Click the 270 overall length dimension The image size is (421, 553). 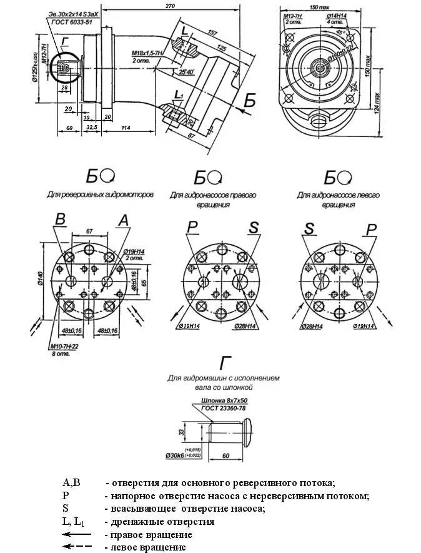click(169, 6)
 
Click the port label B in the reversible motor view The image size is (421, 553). click(61, 219)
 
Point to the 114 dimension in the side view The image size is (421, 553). click(126, 128)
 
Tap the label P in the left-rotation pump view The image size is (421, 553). click(372, 230)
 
